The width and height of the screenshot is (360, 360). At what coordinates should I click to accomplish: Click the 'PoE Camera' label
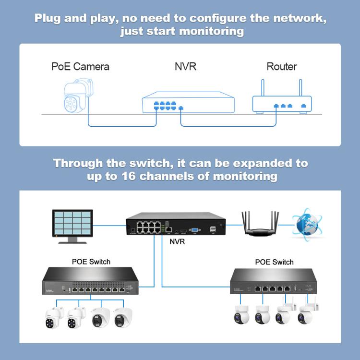[80, 66]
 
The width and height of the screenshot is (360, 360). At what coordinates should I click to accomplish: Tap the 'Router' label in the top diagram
[281, 66]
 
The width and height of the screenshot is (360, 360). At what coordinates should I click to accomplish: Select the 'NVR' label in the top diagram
[185, 66]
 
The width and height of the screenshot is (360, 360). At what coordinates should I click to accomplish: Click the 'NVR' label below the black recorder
[177, 241]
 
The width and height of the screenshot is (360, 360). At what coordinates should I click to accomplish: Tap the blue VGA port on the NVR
[195, 230]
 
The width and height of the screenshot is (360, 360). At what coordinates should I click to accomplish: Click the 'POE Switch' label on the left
[91, 262]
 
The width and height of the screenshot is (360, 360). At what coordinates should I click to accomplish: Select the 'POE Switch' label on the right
[274, 262]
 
